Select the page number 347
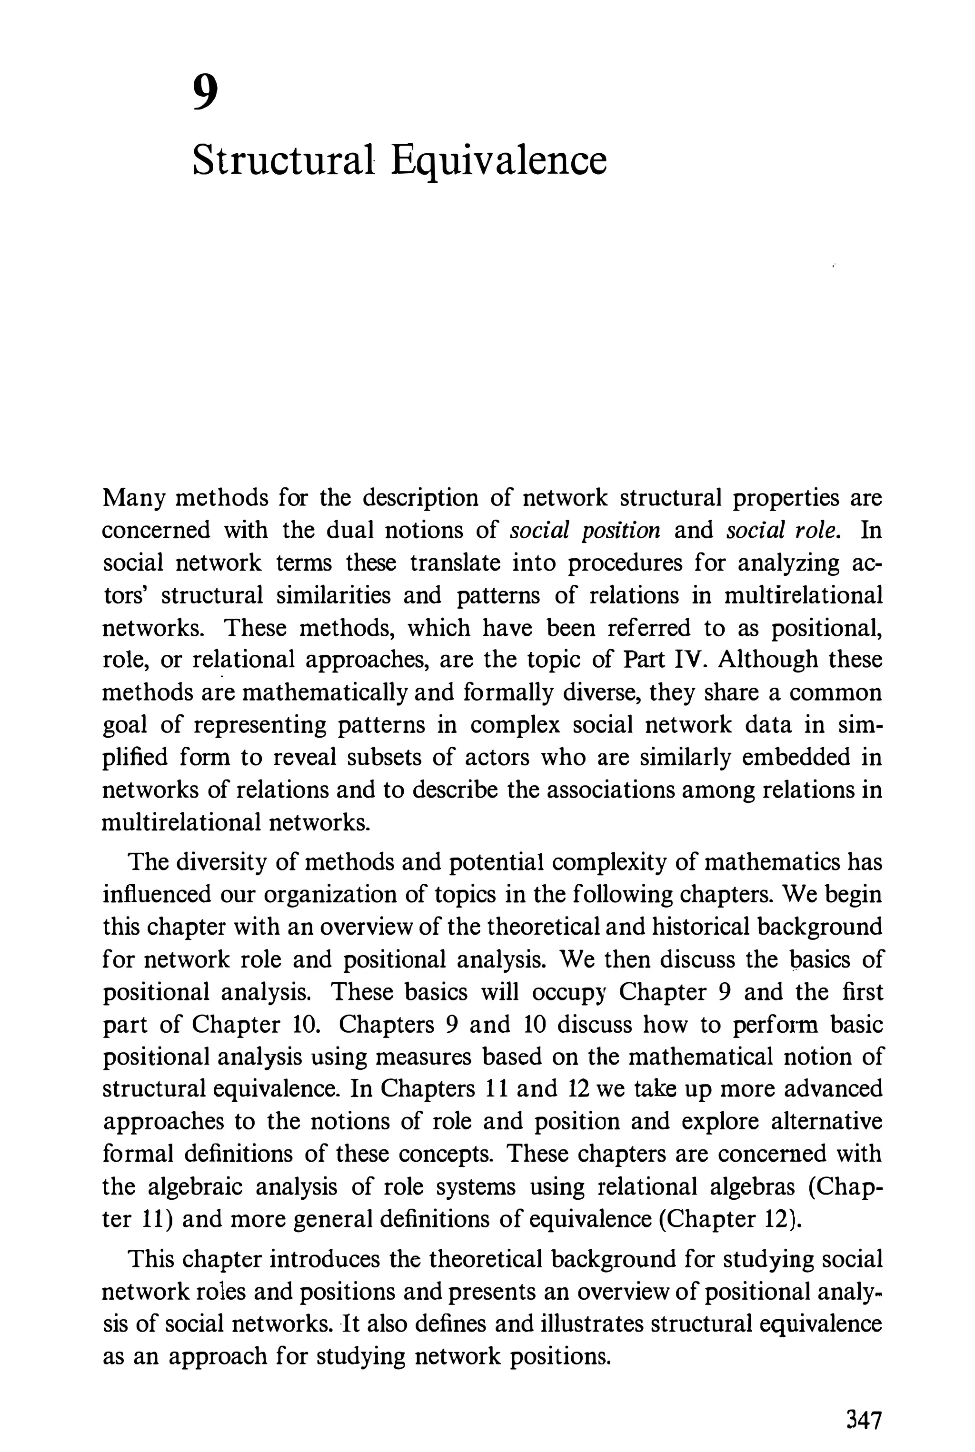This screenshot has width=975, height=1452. pyautogui.click(x=864, y=1403)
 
